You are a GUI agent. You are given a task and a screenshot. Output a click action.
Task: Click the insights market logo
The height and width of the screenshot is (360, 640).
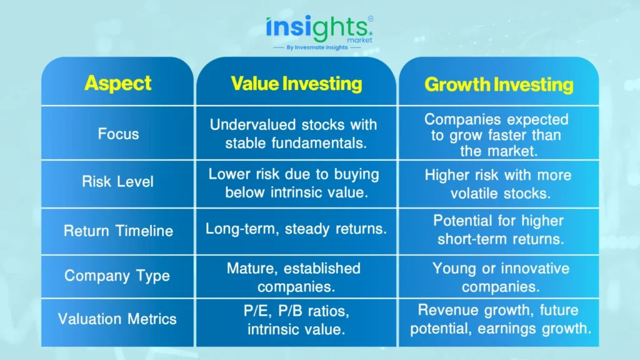click(x=319, y=29)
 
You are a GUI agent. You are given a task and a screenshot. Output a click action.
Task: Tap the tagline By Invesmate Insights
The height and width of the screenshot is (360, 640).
click(x=317, y=47)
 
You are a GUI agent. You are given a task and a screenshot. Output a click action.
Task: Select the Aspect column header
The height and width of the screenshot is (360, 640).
click(x=118, y=83)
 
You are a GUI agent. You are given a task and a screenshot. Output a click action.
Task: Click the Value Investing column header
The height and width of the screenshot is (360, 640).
click(x=296, y=84)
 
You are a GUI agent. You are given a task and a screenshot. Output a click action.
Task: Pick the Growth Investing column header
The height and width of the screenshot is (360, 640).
click(x=499, y=84)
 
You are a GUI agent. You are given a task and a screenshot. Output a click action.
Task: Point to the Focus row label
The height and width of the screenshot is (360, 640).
click(x=118, y=134)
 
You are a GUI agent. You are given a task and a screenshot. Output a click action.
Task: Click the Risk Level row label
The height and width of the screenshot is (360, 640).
click(x=117, y=182)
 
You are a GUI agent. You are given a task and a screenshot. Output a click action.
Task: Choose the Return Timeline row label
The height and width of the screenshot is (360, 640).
click(x=118, y=231)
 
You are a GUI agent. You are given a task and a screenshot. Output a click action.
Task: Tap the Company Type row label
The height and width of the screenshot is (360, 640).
click(x=117, y=276)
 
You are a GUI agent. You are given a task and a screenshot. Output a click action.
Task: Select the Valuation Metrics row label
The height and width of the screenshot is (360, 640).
click(x=117, y=319)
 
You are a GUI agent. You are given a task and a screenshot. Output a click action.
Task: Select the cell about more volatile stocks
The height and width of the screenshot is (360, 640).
click(x=498, y=184)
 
